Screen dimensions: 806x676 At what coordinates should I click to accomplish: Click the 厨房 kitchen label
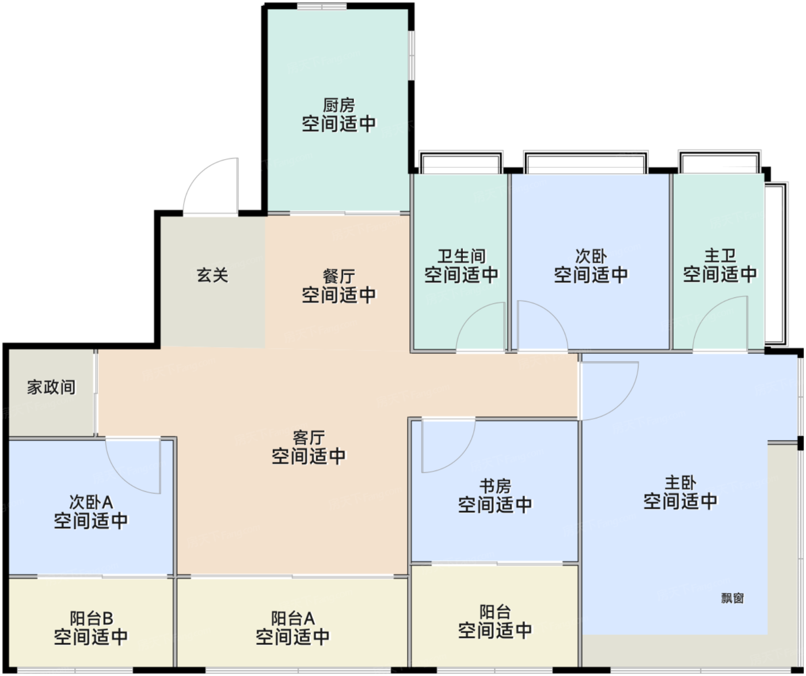(x=339, y=105)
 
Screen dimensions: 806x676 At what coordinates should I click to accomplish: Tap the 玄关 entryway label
(x=212, y=275)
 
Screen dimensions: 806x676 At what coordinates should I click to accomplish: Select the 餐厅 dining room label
(x=339, y=277)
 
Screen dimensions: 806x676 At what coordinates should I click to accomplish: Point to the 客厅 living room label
(x=309, y=438)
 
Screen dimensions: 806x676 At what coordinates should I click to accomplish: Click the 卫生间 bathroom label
(x=461, y=256)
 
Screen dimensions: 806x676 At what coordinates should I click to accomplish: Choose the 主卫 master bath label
(x=720, y=255)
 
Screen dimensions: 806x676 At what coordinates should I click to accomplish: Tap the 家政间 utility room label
(x=51, y=387)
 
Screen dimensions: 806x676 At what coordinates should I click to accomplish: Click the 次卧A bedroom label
(x=91, y=502)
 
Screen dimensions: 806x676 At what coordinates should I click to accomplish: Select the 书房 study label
(x=495, y=486)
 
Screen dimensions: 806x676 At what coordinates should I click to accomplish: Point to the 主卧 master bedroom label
(x=680, y=483)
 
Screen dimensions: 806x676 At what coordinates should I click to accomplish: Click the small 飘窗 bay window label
(x=732, y=598)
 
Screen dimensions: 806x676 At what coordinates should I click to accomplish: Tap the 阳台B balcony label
(x=92, y=618)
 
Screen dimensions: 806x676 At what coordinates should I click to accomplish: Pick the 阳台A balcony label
(x=293, y=618)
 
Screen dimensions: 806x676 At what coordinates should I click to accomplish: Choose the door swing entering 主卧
(x=622, y=402)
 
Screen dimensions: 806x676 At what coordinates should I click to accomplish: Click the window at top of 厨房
(x=322, y=6)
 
